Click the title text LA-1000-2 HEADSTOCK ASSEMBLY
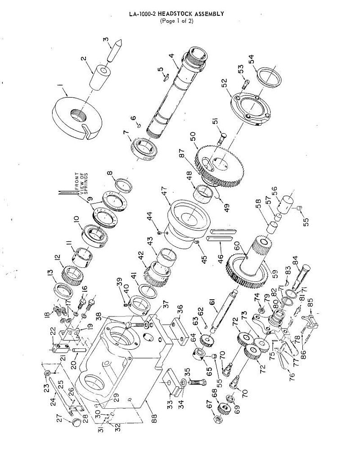[x=176, y=14]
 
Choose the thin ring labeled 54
[x=269, y=77]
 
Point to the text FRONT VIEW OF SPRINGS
[x=81, y=183]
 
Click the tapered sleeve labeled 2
[x=99, y=77]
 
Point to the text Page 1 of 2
[x=177, y=21]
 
